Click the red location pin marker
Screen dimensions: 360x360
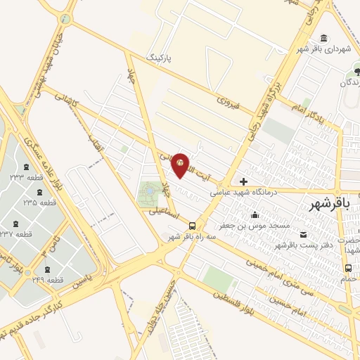tap(181, 164)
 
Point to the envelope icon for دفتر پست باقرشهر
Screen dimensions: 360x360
tap(304, 234)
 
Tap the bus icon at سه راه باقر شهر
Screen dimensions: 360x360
tap(192, 226)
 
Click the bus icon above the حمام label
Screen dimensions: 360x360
tap(348, 268)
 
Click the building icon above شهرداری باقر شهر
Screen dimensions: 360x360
tap(323, 38)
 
